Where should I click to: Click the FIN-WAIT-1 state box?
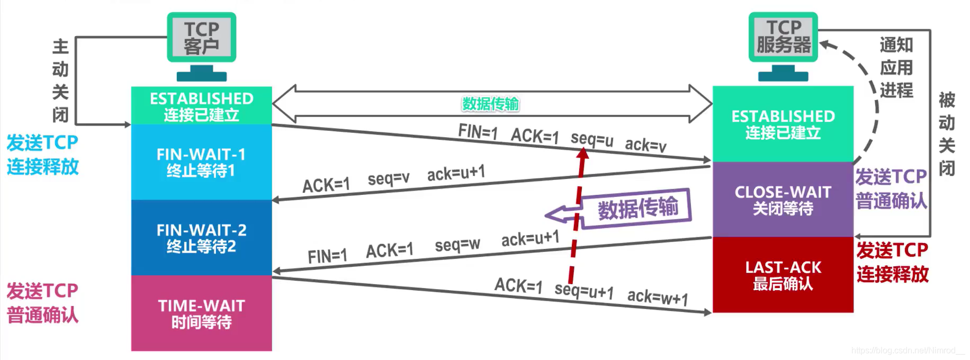tap(201, 162)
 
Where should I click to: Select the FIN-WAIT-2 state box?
tap(201, 238)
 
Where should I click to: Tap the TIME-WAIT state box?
tap(201, 313)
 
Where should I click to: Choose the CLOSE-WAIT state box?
tap(783, 200)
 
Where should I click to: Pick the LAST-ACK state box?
tap(783, 275)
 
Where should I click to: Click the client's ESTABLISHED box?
tap(201, 106)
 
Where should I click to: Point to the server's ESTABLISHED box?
tap(783, 124)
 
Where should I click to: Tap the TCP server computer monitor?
tap(783, 37)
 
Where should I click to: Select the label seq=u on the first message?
tap(591, 139)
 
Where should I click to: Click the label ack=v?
tap(645, 144)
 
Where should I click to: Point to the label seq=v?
tap(388, 179)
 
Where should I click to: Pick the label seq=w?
tap(457, 245)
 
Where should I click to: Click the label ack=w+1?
tap(657, 298)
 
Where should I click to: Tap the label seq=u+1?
tap(583, 291)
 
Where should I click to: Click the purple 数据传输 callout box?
tap(637, 208)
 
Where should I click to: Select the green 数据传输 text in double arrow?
tap(490, 104)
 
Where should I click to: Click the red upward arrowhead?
tap(582, 154)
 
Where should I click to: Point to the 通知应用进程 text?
tap(896, 67)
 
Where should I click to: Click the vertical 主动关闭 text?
tap(60, 80)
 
